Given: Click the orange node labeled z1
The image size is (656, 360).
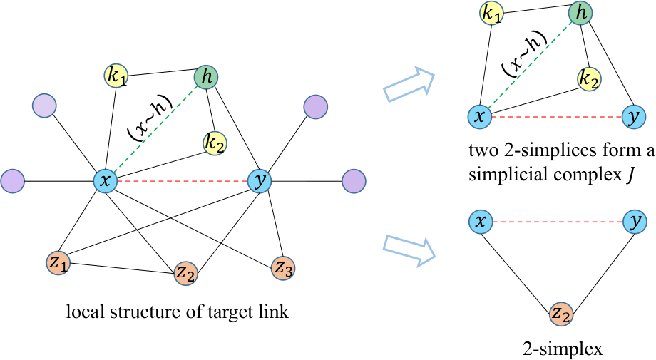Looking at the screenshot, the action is click(x=58, y=263).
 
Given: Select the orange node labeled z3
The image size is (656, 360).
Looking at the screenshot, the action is click(x=283, y=268).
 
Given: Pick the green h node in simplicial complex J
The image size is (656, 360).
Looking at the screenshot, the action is click(x=580, y=13).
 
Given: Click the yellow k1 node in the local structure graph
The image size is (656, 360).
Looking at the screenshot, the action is click(x=116, y=76).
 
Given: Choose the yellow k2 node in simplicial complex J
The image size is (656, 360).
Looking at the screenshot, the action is click(x=589, y=79).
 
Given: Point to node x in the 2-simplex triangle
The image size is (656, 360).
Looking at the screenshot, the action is click(x=481, y=221).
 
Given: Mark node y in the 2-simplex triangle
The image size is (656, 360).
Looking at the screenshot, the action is click(x=635, y=221).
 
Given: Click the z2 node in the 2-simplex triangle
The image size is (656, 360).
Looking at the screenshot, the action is click(x=560, y=314).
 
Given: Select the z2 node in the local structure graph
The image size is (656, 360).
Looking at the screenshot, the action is click(x=185, y=274).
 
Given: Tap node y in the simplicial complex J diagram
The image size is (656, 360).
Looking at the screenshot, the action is click(x=634, y=117).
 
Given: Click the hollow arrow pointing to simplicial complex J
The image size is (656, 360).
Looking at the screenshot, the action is click(x=409, y=83).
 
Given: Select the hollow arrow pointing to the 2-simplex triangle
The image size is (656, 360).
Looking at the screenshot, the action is click(x=409, y=250).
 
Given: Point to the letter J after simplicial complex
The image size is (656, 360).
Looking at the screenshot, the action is click(x=630, y=175).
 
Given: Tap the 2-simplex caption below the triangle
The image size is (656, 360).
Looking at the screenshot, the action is click(x=563, y=349).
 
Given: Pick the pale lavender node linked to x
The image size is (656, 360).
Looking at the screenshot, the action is click(x=44, y=106).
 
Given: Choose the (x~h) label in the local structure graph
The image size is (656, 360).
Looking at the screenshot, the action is click(x=150, y=118).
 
